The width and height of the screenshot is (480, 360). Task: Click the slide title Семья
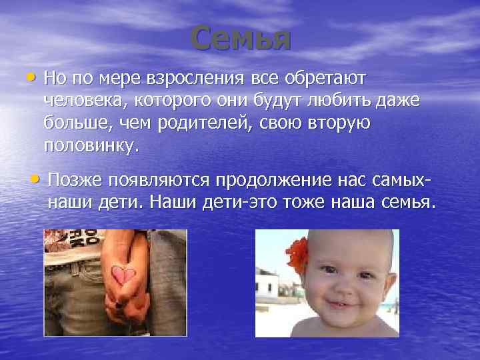[x=241, y=39]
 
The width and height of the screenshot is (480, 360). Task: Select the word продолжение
[x=271, y=179]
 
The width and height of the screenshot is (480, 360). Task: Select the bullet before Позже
[x=34, y=178]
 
